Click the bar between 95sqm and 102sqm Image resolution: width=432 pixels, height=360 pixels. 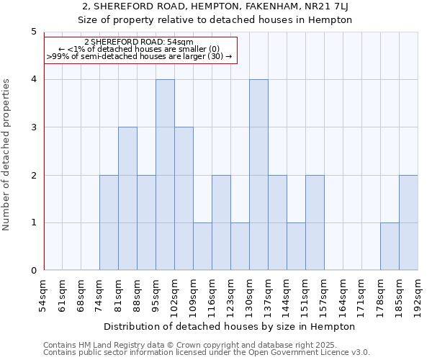[x=165, y=175]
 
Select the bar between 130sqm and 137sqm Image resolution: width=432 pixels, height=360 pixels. [x=258, y=175]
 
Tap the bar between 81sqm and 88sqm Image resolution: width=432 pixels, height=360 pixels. [x=127, y=199]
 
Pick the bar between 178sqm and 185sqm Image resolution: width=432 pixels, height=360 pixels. [x=390, y=246]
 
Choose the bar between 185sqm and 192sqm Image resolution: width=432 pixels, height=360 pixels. [x=408, y=222]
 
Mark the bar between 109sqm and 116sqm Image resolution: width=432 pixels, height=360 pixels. [x=202, y=246]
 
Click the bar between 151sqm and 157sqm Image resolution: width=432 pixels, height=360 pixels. [x=315, y=222]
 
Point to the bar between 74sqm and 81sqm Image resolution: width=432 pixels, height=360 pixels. [x=109, y=222]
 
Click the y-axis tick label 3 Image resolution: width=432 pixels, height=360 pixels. [x=34, y=127]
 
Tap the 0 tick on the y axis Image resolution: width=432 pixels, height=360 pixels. [x=34, y=271]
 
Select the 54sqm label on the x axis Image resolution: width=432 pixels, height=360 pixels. [x=44, y=296]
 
